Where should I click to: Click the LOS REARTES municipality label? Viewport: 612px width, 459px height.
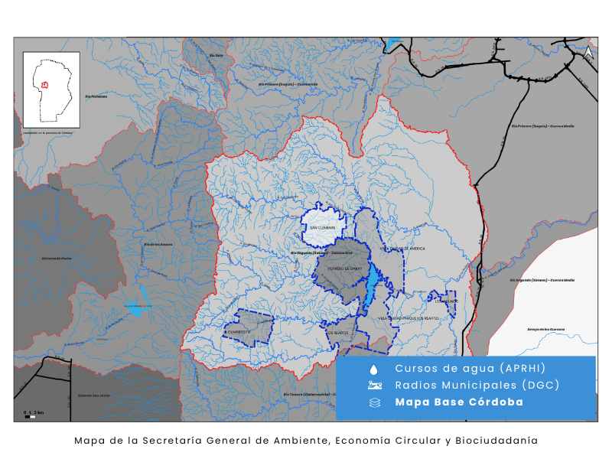pyautogui.click(x=337, y=333)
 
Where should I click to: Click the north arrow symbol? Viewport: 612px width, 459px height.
pyautogui.click(x=588, y=54)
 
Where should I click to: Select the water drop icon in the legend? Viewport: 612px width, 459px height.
pyautogui.click(x=374, y=369)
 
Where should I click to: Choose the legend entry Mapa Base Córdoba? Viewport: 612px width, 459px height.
pyautogui.click(x=459, y=402)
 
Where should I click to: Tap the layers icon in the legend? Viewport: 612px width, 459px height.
pyautogui.click(x=374, y=402)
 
